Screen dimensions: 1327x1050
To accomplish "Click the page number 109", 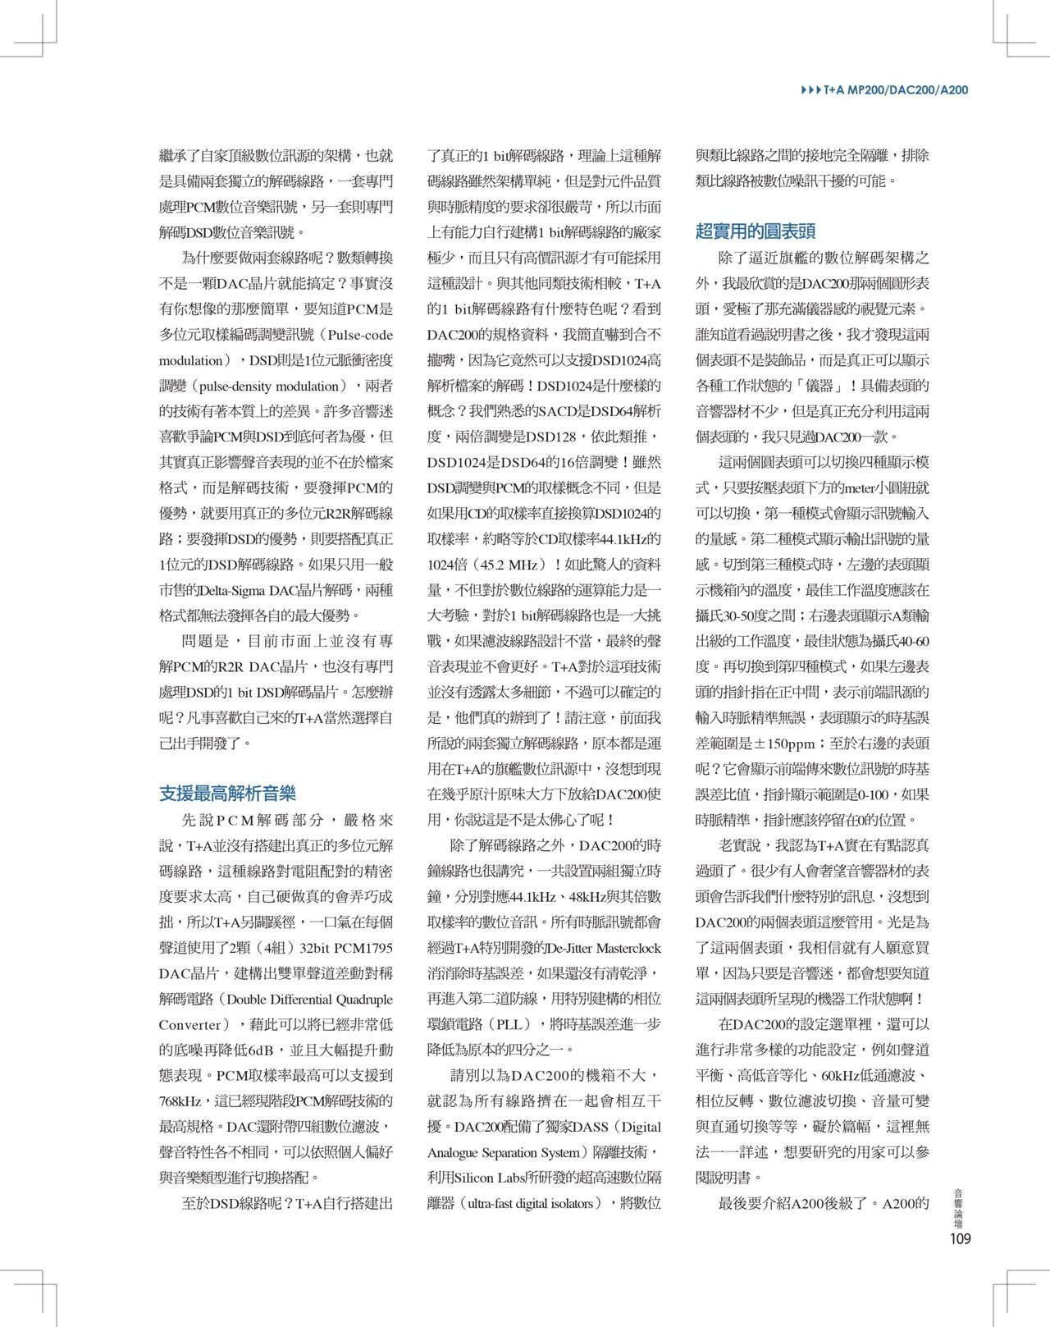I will pos(959,1238).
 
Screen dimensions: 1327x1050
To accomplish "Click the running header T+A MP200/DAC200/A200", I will pos(897,89).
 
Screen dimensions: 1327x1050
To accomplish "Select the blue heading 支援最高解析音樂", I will pos(227,794).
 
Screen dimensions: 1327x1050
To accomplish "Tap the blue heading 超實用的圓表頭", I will pos(756,231).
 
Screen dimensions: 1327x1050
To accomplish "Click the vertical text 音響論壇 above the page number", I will pos(959,1206).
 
